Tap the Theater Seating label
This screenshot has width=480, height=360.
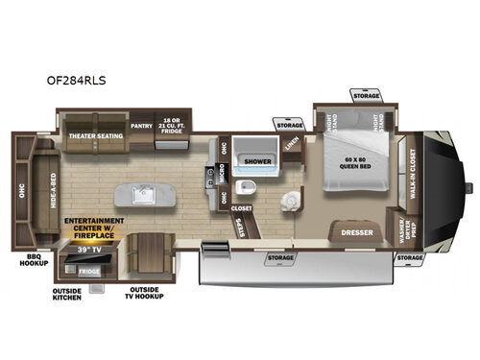[94, 135]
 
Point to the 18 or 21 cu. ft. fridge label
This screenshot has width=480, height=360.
[174, 122]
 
